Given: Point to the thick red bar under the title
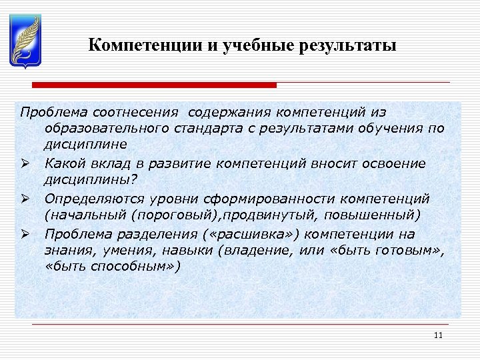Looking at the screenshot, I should click(x=154, y=85).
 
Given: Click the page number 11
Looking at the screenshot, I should click(x=437, y=335).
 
